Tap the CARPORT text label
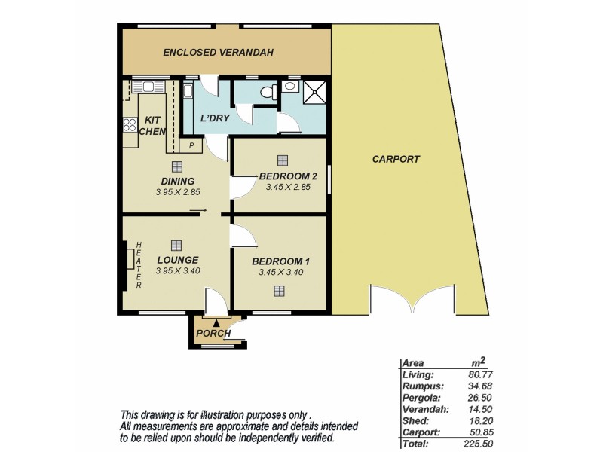(396, 159)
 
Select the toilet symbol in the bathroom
(265, 91)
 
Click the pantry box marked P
(191, 145)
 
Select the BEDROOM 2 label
(287, 176)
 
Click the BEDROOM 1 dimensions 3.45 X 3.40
(280, 272)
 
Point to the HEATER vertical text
(140, 265)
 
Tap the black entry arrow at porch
(216, 323)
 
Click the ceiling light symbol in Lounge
(176, 244)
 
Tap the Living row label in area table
(418, 374)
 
